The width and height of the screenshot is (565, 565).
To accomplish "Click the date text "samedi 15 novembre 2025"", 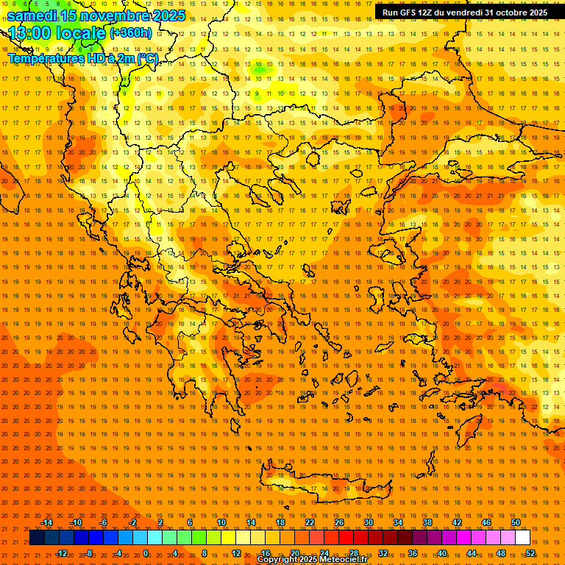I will [x=96, y=15].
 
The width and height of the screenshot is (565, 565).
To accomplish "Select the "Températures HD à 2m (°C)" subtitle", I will [x=82, y=57].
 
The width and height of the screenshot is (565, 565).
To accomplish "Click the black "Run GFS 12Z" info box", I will [x=464, y=13].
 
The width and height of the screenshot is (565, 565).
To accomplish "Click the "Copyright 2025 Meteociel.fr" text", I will [x=312, y=560].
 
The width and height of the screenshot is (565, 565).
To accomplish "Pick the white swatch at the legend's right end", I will [x=522, y=538].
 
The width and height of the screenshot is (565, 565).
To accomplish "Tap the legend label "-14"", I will [x=47, y=522].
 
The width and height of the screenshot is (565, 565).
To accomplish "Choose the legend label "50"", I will [x=515, y=522].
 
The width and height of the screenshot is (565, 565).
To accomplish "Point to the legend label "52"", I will [x=530, y=553].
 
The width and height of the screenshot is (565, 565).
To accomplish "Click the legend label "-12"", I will [x=62, y=553].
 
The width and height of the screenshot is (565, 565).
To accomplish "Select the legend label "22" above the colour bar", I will [x=310, y=522].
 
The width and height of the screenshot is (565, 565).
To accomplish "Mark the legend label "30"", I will [x=368, y=522].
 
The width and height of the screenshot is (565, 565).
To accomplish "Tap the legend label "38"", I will [x=427, y=522].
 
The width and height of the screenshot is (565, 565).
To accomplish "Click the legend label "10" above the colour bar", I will [x=221, y=522].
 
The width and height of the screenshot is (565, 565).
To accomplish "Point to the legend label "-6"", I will [x=104, y=522].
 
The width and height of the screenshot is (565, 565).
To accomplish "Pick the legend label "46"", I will [x=486, y=522].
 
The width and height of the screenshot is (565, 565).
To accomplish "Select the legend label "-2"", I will [x=132, y=522].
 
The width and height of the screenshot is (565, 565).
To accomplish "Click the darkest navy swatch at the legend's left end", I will [x=37, y=538].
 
